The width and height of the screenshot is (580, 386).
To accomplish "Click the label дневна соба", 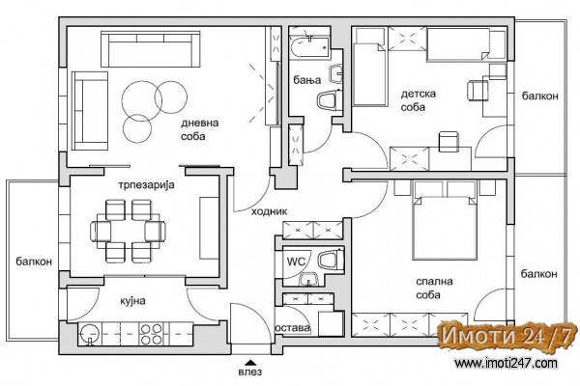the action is [199, 129].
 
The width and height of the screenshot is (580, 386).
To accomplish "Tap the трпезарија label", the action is [146, 184].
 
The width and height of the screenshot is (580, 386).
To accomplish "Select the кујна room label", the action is [132, 301].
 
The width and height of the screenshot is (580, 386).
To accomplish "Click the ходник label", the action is [269, 211].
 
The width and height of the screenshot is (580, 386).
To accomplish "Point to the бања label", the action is [307, 80].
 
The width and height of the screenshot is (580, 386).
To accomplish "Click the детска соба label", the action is [418, 100].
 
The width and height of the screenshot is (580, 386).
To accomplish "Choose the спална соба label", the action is [434, 289].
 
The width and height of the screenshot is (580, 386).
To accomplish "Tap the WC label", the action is [296, 262].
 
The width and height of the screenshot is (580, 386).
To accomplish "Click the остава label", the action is [292, 328].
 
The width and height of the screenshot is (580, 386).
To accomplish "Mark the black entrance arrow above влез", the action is [250, 363].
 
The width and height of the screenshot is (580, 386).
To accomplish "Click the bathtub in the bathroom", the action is [309, 47].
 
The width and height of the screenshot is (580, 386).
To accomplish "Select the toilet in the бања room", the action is [329, 100].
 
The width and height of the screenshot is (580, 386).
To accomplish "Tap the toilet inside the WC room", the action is [331, 261].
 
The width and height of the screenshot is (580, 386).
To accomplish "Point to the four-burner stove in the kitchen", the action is [152, 334].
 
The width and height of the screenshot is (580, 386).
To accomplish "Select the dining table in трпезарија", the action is [128, 232].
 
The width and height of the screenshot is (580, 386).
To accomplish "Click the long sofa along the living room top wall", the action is [150, 49].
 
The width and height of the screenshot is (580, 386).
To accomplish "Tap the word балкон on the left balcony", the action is [34, 262].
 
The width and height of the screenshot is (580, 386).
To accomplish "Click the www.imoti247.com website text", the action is [506, 363].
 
